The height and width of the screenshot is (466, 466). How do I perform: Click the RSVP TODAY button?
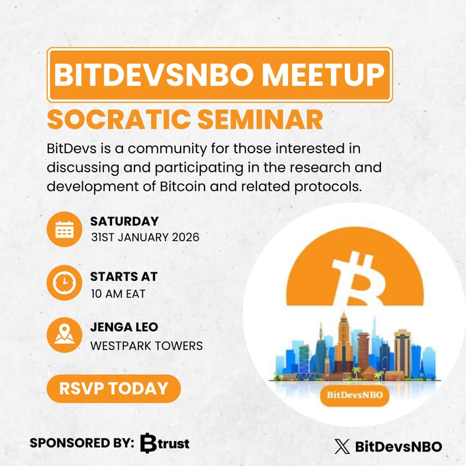(x=114, y=388)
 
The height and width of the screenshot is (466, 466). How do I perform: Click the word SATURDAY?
(x=124, y=221)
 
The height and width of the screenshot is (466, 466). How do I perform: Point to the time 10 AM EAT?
(x=118, y=293)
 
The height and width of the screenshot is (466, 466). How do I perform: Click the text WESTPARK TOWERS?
(x=146, y=345)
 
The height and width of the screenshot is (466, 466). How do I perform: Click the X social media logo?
(x=342, y=447)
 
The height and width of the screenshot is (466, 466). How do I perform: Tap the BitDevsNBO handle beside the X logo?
(x=398, y=447)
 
